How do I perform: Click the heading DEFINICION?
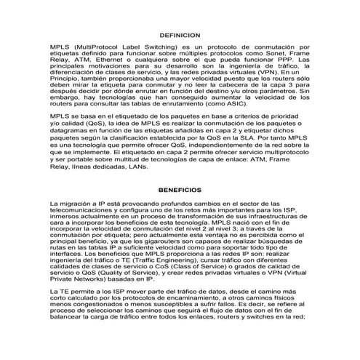[179, 34]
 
